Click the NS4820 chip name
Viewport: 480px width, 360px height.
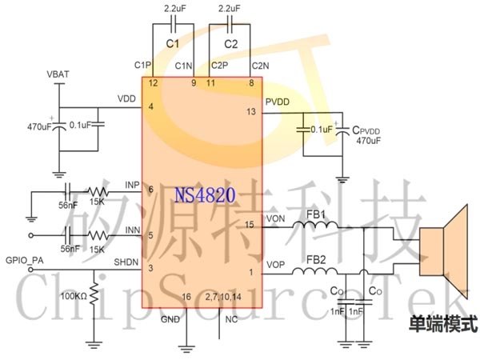[205, 195]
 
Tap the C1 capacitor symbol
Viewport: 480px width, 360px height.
[174, 24]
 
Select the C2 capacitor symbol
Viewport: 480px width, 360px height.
[230, 24]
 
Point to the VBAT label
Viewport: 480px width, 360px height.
[58, 74]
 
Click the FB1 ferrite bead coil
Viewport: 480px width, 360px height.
[315, 225]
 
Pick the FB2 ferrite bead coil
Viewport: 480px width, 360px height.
[314, 271]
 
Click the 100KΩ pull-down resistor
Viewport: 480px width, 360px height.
[94, 294]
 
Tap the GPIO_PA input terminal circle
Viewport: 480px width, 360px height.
[30, 270]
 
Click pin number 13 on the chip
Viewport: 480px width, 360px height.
[251, 112]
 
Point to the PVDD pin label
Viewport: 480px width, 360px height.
[278, 102]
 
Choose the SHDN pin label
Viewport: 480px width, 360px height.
[126, 262]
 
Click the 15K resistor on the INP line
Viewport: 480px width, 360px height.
[98, 192]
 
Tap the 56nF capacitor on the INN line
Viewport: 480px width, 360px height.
[68, 235]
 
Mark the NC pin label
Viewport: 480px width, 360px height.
[231, 319]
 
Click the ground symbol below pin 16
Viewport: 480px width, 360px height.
[186, 349]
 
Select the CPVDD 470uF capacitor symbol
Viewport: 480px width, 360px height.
[342, 131]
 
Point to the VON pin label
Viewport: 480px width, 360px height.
[276, 218]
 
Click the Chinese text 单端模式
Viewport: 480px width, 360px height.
[443, 323]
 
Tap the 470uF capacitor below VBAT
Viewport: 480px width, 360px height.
[59, 126]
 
